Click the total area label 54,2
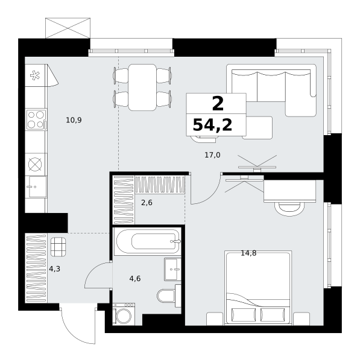tap(212, 125)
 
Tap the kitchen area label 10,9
tap(74, 120)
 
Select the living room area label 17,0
tap(212, 155)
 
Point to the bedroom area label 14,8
tap(248, 253)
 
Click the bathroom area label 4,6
tap(135, 279)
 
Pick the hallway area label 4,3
tap(55, 268)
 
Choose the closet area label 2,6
tap(147, 203)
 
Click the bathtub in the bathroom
tap(148, 241)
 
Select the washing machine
tap(124, 314)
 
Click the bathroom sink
tap(172, 269)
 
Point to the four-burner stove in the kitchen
tap(36, 119)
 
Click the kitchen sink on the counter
tap(37, 186)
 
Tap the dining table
tap(142, 87)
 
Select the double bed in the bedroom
tap(258, 288)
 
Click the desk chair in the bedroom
tap(289, 209)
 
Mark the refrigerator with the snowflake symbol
tap(36, 75)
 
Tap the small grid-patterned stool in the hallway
tap(58, 247)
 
